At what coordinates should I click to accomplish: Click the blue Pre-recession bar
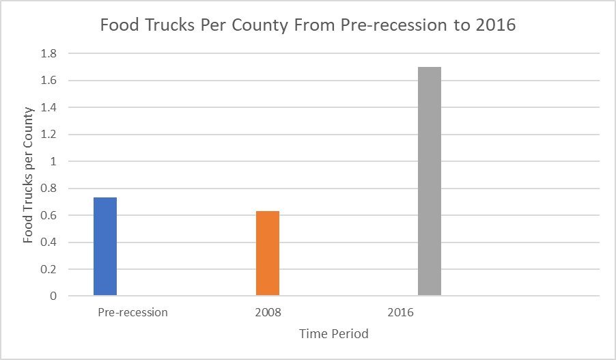pyautogui.click(x=105, y=247)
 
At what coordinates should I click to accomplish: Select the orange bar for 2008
pyautogui.click(x=268, y=253)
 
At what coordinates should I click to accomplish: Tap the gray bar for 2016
pyautogui.click(x=430, y=181)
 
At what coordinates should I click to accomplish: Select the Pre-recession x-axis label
pyautogui.click(x=132, y=313)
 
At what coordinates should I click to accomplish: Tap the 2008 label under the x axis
pyautogui.click(x=268, y=313)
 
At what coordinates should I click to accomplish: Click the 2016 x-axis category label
pyautogui.click(x=400, y=313)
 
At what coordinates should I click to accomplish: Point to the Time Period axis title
pyautogui.click(x=334, y=334)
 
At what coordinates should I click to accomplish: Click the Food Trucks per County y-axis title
pyautogui.click(x=28, y=175)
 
